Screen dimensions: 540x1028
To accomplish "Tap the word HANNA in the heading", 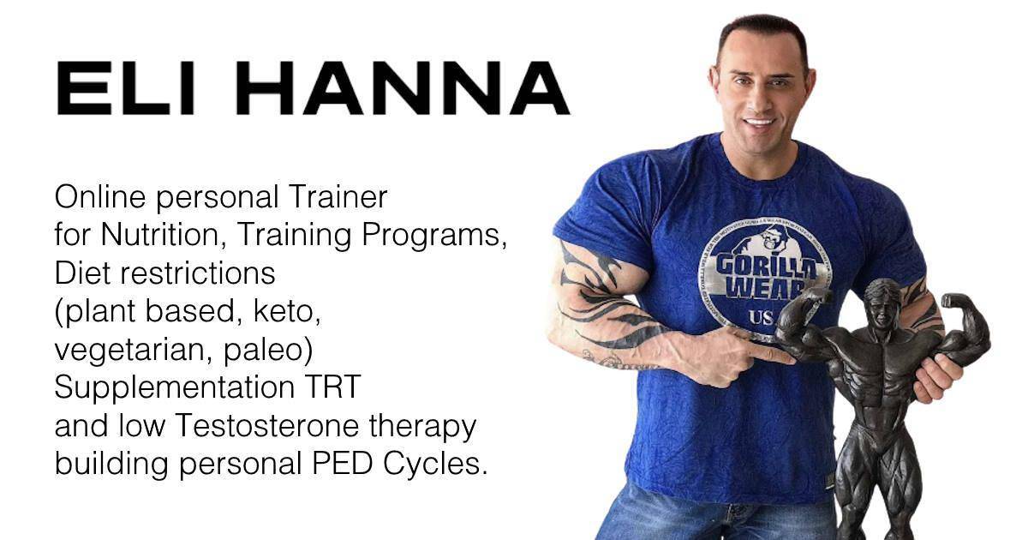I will [403, 88].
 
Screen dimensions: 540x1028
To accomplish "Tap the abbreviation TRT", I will [335, 387].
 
